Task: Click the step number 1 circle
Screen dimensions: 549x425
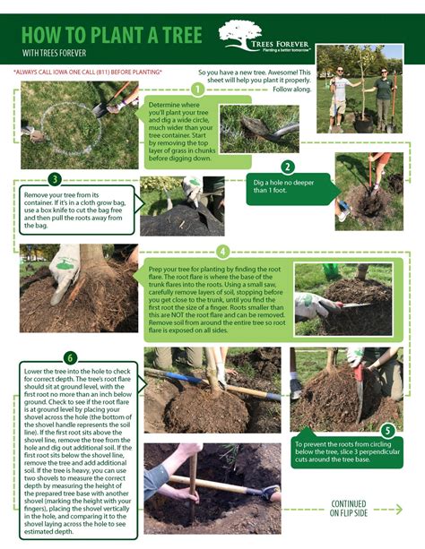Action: [196, 89]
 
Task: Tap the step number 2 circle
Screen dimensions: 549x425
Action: [287, 167]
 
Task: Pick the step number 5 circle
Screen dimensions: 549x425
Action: [388, 430]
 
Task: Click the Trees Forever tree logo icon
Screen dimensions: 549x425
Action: [239, 36]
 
